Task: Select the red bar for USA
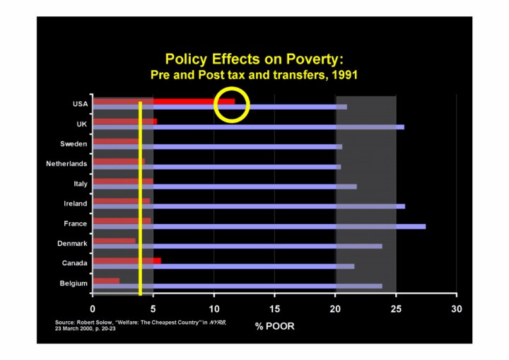coord(191,101)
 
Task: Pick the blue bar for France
coord(283,226)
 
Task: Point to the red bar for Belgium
coord(107,280)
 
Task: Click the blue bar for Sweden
coord(240,146)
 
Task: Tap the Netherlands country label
coord(66,163)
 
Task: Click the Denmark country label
coord(72,243)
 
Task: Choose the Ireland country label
coord(76,204)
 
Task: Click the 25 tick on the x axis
coord(396,309)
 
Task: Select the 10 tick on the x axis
coord(214,309)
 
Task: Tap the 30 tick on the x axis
coord(457,309)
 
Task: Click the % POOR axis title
coord(275,327)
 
